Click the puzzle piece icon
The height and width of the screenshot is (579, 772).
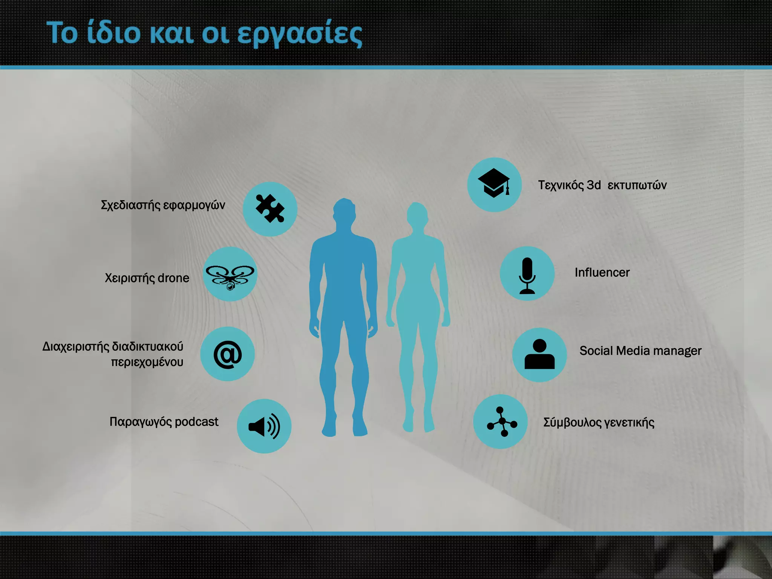pos(270,209)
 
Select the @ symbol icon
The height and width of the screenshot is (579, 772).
pos(228,354)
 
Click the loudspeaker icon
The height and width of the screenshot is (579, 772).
pos(264,426)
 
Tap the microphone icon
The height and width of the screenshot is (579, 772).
pos(527,274)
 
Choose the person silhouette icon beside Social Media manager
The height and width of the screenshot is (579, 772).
pos(539,354)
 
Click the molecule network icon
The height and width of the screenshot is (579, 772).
pos(501,422)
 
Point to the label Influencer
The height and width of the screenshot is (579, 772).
pos(602,273)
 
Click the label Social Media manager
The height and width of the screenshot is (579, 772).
pos(640,351)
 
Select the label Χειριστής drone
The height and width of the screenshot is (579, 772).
pos(147,278)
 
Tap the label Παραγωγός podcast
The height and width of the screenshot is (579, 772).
pos(164,422)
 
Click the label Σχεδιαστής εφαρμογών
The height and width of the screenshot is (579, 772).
pos(163,205)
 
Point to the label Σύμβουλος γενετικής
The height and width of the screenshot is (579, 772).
pos(599,423)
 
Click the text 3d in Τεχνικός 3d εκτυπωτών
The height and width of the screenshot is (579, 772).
pos(594,185)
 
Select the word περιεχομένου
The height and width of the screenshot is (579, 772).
pos(147,362)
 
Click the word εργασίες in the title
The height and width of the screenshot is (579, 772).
pos(300,34)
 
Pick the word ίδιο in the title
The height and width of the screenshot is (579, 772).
pos(113,33)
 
